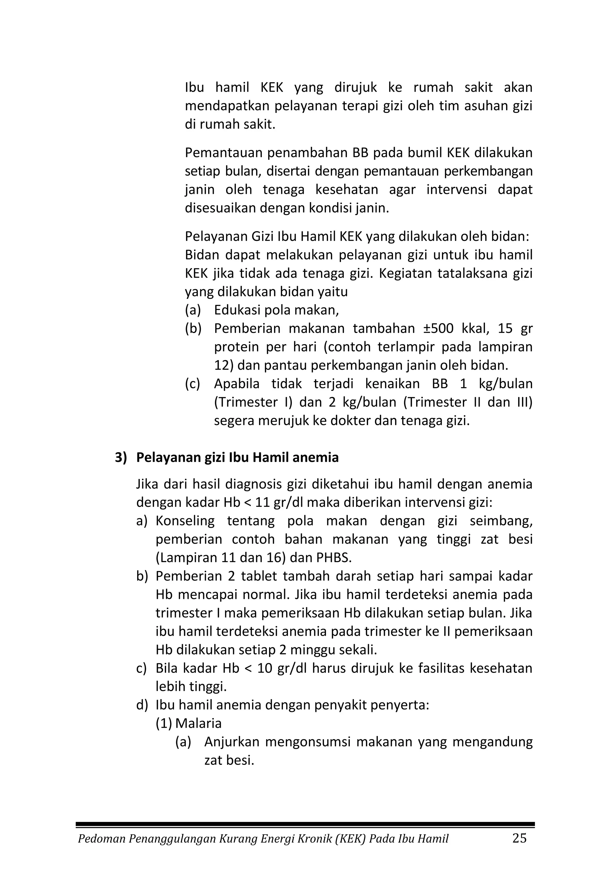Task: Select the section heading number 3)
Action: click(121, 457)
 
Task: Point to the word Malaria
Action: click(198, 723)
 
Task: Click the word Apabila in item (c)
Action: click(236, 384)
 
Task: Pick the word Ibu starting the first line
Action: click(194, 88)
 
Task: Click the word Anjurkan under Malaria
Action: click(232, 742)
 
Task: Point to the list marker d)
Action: click(142, 705)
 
